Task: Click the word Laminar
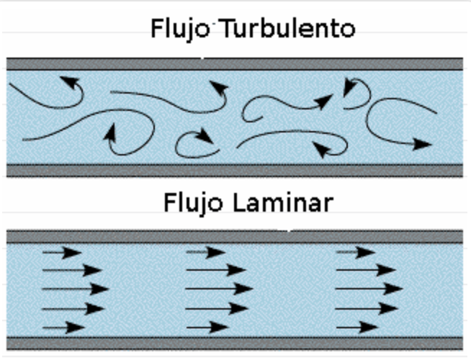[x=284, y=202]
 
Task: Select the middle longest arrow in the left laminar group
[x=75, y=289]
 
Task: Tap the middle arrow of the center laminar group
[x=220, y=289]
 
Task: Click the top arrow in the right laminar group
[x=356, y=253]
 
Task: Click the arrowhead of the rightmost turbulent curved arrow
[x=422, y=144]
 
